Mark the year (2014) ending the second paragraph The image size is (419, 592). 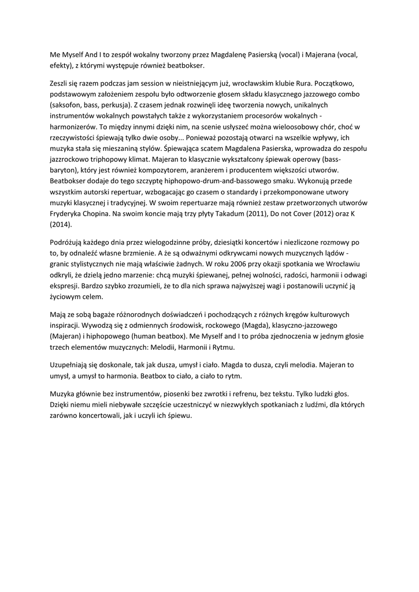tap(61, 226)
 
